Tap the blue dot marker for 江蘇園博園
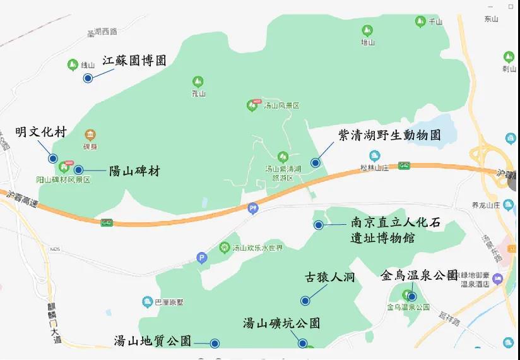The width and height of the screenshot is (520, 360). click(88, 78)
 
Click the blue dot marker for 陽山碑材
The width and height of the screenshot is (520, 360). click(78, 169)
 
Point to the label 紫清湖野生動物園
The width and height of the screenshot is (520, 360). click(389, 135)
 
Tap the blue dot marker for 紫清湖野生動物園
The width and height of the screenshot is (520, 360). click(315, 162)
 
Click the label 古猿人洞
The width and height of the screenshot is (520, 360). click(330, 277)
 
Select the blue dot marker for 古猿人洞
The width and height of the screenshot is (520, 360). click(305, 301)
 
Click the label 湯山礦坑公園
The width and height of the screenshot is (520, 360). click(281, 323)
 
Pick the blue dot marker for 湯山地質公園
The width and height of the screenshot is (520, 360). click(215, 344)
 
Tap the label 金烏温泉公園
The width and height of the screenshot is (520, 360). click(419, 275)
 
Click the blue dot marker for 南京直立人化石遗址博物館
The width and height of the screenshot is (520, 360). click(319, 225)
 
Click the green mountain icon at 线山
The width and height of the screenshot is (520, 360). click(72, 64)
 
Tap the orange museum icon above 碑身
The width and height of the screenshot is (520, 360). click(91, 135)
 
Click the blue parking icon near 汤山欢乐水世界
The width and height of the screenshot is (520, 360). click(202, 258)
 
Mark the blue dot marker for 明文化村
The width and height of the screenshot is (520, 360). click(53, 159)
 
